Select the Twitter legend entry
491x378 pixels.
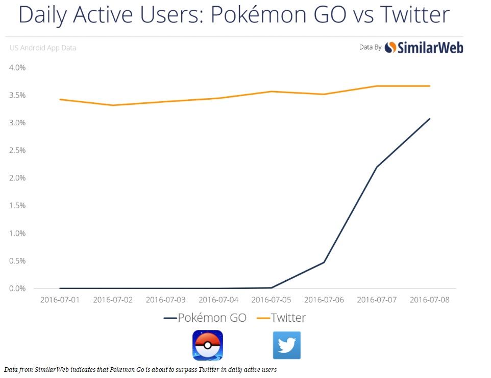[281, 318]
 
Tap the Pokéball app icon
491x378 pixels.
[208, 345]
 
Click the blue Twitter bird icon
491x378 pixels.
[286, 345]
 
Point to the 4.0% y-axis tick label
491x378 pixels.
[17, 68]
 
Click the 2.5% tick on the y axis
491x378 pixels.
[17, 150]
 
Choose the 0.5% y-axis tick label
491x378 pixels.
[17, 261]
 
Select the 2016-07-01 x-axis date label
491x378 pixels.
[60, 300]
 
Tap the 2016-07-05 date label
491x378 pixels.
[271, 300]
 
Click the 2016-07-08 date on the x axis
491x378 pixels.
[430, 300]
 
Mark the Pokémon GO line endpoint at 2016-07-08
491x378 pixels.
[430, 119]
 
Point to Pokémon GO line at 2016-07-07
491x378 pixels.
[377, 167]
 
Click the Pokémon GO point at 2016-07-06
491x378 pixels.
[324, 262]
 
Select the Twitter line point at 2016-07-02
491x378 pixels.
[113, 105]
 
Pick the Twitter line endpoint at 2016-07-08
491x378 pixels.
[430, 86]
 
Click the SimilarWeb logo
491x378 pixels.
[424, 48]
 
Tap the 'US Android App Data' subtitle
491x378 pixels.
[43, 48]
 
